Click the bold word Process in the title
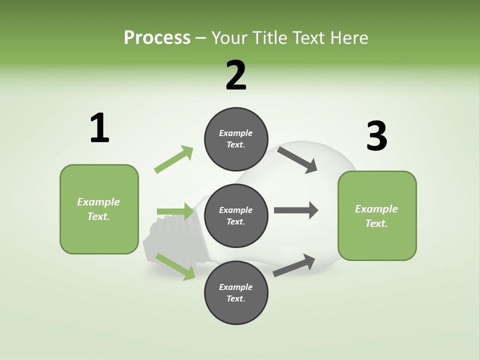157,38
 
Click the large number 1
99,128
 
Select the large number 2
236,75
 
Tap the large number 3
376,136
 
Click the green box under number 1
99,209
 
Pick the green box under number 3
377,216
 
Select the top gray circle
236,139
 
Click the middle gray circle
236,215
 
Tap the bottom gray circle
236,292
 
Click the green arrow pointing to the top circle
173,159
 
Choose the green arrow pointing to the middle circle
175,211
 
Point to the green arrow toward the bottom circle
175,266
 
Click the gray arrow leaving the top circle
297,159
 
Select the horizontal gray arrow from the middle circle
295,210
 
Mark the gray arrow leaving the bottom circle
294,265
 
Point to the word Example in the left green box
98,202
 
